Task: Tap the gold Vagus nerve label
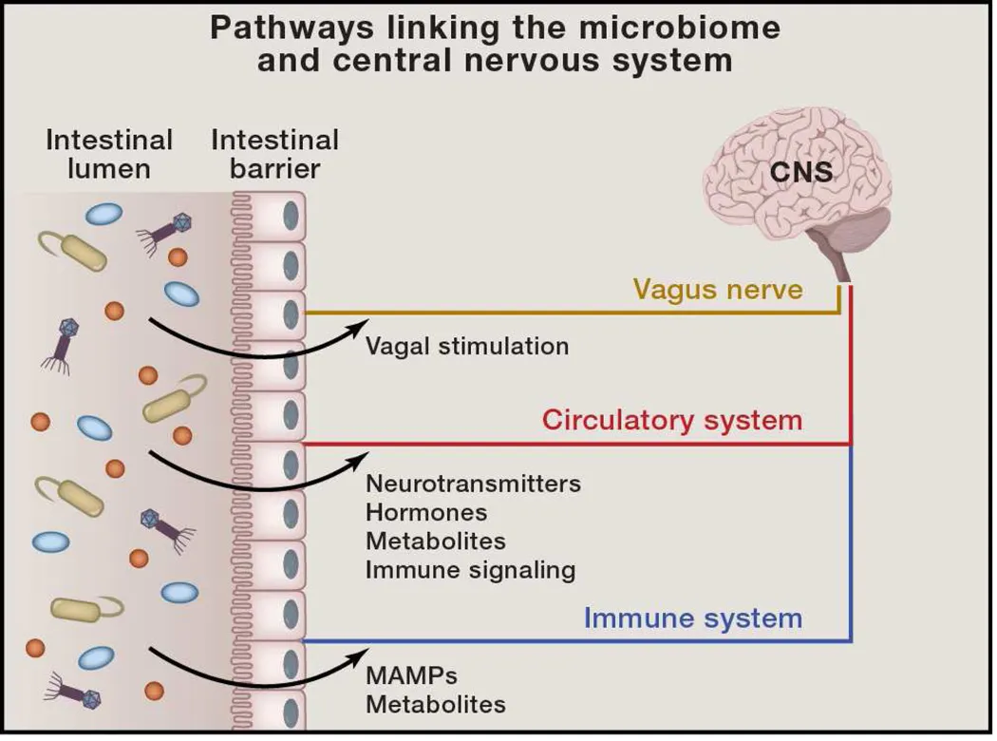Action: tap(717, 289)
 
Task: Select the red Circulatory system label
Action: tap(672, 420)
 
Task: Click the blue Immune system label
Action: tap(692, 618)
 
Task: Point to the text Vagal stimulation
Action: tap(467, 346)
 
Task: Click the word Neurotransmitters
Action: tap(473, 484)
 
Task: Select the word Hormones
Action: tap(426, 513)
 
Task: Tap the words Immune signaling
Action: tap(470, 570)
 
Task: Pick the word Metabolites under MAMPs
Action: tap(435, 705)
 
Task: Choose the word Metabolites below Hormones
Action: tap(435, 541)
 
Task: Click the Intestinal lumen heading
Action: tap(109, 155)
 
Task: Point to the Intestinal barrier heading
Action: tap(274, 155)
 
